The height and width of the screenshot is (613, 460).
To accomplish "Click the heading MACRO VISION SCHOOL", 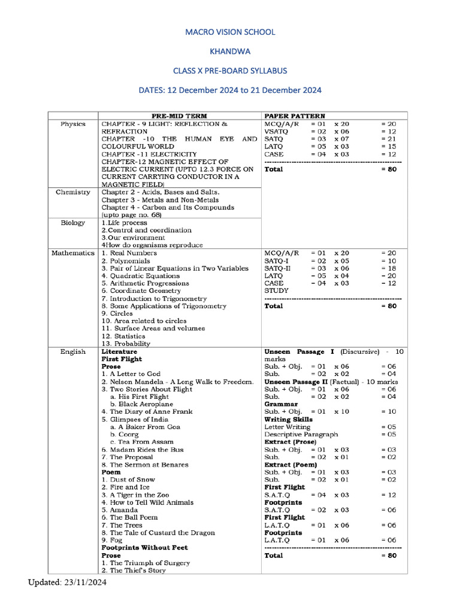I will point(230,32).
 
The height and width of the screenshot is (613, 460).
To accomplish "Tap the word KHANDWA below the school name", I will point(230,51).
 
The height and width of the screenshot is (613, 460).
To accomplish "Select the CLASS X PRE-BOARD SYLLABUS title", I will point(230,71).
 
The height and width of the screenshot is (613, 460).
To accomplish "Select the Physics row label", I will point(73,124).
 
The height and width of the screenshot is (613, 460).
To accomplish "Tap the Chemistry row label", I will point(73,192).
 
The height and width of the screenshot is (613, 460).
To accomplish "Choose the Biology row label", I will point(73,223).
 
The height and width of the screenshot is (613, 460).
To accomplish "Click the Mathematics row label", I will point(73,253).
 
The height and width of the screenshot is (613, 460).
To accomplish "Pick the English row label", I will point(73,352).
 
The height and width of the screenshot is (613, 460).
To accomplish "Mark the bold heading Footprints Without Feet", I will point(144,548).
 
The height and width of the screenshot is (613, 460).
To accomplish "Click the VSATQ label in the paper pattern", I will point(277,132).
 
